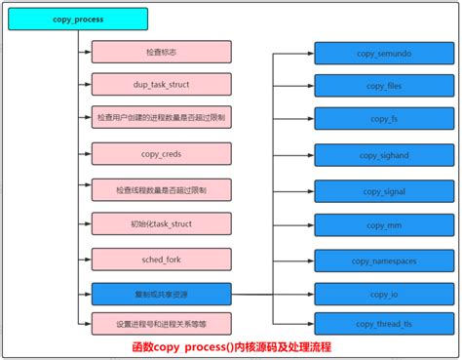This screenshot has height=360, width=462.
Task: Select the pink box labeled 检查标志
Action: (x=161, y=51)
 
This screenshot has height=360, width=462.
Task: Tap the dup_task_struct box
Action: (x=161, y=84)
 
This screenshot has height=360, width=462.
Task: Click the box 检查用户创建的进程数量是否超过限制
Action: (x=161, y=117)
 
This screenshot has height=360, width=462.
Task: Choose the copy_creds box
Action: (x=161, y=153)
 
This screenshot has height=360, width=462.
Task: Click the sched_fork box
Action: (x=161, y=259)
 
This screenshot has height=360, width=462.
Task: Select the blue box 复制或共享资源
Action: (x=161, y=293)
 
